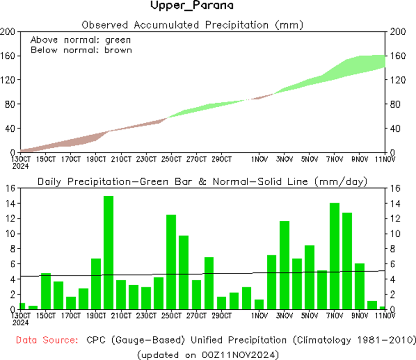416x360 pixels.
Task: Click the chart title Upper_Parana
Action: click(192, 6)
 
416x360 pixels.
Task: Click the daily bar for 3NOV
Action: click(285, 265)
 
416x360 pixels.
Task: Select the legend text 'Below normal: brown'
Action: click(81, 49)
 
